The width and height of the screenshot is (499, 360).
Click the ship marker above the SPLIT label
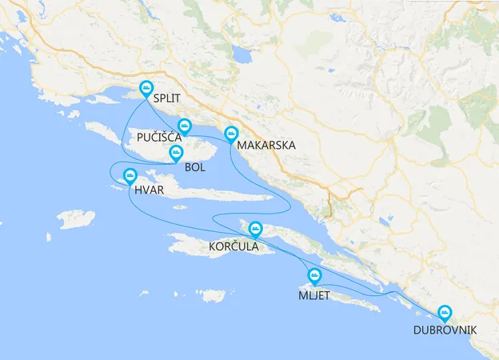coord(146,89)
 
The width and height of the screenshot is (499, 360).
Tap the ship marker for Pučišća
coord(185,126)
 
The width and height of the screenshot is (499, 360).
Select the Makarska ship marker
coord(232,134)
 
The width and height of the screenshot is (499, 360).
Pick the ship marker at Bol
coord(177,154)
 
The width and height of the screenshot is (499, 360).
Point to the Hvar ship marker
coord(128,176)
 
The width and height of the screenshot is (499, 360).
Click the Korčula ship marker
coord(255,229)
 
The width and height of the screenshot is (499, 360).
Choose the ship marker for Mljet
coord(314,277)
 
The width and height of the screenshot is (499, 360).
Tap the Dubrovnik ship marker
coord(444,314)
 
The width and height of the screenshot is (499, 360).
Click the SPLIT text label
coord(166,99)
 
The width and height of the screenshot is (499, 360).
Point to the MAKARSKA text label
coord(267,146)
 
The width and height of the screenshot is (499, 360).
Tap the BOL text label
coord(195,167)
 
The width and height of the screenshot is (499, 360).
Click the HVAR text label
coord(149,190)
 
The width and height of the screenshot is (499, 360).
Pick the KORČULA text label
coord(234,246)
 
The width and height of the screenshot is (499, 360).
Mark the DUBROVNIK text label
coord(445,330)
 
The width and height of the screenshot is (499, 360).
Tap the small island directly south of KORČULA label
coord(214,295)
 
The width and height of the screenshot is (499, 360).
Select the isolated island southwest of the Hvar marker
coord(76,218)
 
